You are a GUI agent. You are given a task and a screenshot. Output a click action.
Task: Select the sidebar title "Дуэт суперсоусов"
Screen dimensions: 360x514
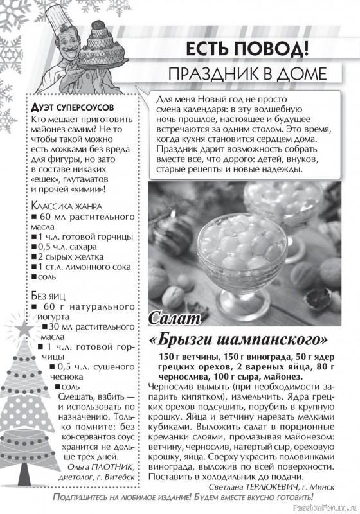click(72, 105)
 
